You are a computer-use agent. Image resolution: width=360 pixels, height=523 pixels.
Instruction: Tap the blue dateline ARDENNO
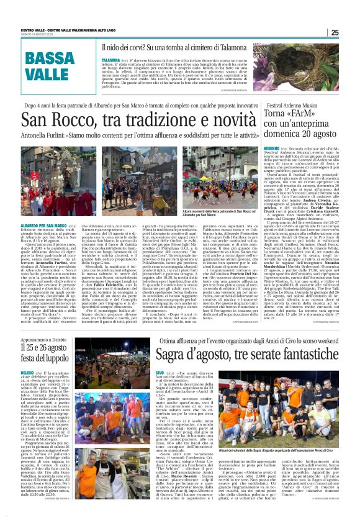point(254,150)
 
